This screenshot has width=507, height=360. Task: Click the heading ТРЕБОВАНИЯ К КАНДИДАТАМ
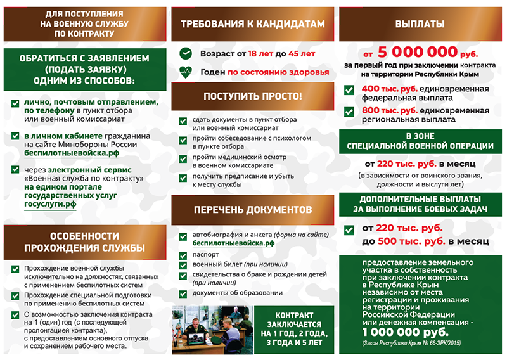(252, 24)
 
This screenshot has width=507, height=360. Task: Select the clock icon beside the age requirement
(185, 53)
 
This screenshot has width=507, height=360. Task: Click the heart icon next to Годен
(185, 72)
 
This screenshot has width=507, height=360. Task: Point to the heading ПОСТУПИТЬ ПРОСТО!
(252, 96)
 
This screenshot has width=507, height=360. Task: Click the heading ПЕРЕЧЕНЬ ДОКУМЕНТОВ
(252, 209)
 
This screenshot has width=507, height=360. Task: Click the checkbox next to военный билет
(183, 264)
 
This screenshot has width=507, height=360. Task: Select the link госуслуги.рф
(50, 204)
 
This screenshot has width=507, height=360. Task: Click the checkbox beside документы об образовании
(183, 293)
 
